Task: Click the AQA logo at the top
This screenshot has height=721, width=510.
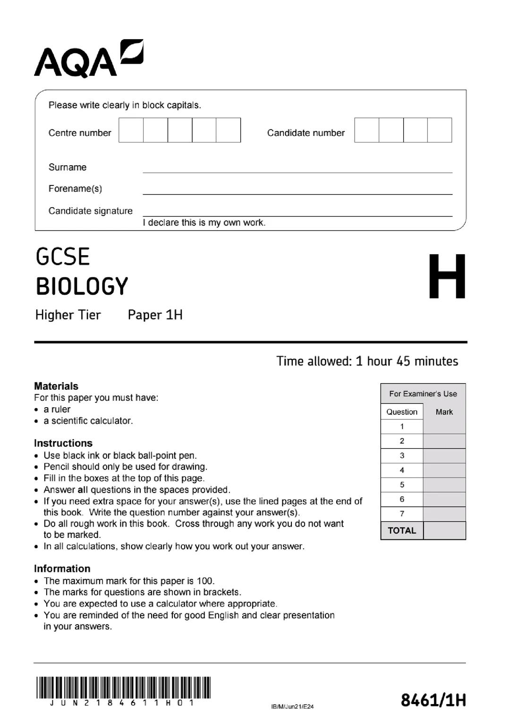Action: click(88, 59)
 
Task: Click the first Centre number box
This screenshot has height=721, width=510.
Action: click(131, 130)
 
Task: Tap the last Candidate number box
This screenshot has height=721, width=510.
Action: click(440, 130)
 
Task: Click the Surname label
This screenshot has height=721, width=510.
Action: click(68, 167)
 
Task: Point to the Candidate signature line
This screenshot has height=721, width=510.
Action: click(297, 215)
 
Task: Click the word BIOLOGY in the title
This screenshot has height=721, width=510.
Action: click(82, 286)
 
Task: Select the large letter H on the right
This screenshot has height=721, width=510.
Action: click(447, 277)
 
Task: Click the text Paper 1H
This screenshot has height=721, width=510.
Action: click(155, 315)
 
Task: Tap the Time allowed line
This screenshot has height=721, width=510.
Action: click(367, 361)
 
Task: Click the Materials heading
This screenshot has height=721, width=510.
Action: click(56, 386)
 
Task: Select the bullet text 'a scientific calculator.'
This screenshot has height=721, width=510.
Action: click(88, 420)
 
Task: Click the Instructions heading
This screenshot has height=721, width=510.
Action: click(63, 443)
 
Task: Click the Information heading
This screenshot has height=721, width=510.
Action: click(62, 569)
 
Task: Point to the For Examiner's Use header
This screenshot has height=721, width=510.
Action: click(423, 394)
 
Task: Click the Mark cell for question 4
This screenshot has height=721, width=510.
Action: click(444, 470)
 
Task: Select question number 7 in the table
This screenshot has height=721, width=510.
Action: click(402, 514)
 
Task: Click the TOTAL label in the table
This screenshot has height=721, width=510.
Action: click(402, 530)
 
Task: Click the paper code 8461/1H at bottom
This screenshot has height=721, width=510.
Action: click(433, 700)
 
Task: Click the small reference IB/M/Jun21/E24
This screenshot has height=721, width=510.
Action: click(292, 706)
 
